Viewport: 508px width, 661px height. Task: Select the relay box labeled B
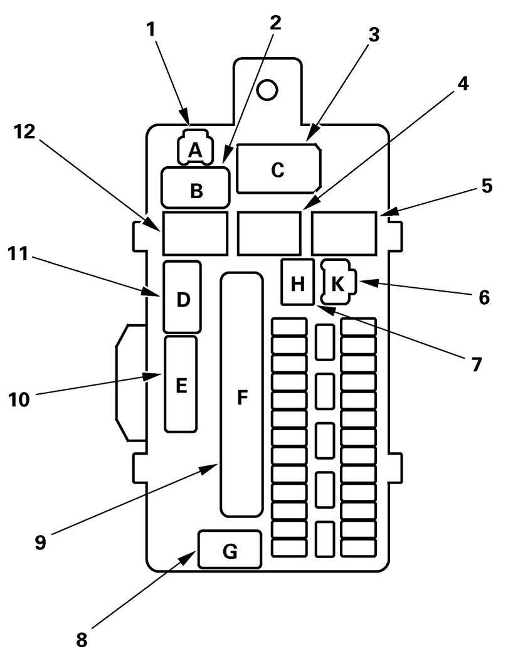pyautogui.click(x=196, y=188)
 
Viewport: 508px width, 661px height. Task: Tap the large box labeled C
pyautogui.click(x=278, y=169)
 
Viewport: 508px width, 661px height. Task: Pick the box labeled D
pyautogui.click(x=182, y=297)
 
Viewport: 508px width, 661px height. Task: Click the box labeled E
pyautogui.click(x=181, y=384)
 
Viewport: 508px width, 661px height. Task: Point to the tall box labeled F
pyautogui.click(x=241, y=395)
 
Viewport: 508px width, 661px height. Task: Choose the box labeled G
pyautogui.click(x=230, y=549)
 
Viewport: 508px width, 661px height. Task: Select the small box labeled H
pyautogui.click(x=297, y=282)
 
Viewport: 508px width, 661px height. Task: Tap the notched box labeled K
pyautogui.click(x=339, y=282)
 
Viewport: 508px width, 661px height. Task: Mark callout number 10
pyautogui.click(x=19, y=399)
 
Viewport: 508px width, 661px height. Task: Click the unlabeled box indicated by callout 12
pyautogui.click(x=194, y=233)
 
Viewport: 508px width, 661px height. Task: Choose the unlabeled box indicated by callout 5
pyautogui.click(x=344, y=233)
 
